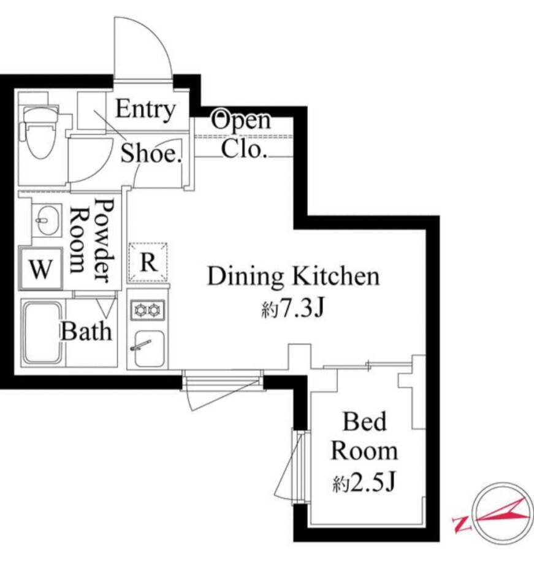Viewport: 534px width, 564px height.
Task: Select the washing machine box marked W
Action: pos(40,269)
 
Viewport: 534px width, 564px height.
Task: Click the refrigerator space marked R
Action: pos(148,262)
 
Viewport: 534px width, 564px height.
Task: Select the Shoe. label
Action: pos(151,153)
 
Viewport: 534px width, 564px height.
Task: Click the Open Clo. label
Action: pos(241,135)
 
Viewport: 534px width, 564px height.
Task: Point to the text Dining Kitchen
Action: pos(294,276)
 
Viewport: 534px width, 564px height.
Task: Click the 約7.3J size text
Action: pos(293,309)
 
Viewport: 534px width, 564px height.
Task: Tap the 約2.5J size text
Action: pos(364,482)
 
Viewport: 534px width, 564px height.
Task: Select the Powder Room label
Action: pos(91,240)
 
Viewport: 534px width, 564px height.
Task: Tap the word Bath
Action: pos(86,331)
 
